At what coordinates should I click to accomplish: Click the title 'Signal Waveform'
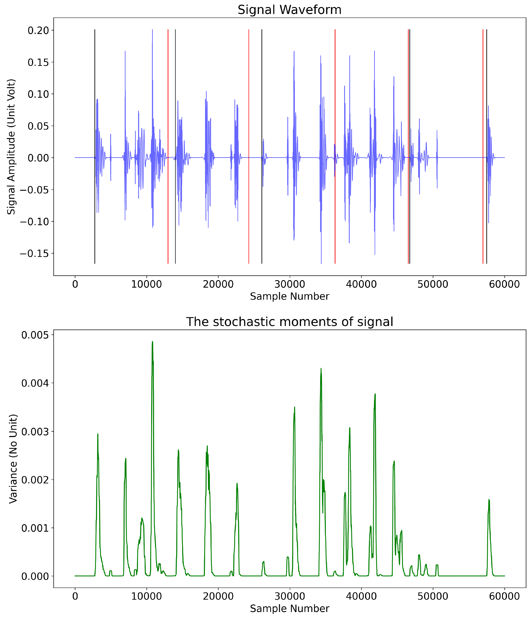pos(289,10)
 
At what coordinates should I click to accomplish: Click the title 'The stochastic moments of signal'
pos(289,322)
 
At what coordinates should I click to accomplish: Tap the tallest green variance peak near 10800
pos(152,342)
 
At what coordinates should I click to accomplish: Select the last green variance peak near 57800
pos(489,500)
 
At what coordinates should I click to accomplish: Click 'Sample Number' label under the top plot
pos(289,296)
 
